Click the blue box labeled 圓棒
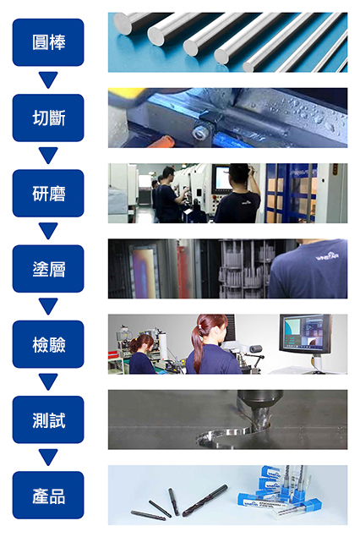click(48, 42)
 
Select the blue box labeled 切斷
click(48, 118)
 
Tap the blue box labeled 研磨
click(48, 193)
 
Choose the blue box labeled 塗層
click(48, 269)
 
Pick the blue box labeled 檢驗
click(48, 344)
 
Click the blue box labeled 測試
click(48, 419)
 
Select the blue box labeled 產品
click(48, 496)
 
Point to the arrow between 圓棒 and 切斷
click(48, 79)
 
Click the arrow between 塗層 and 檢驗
click(48, 306)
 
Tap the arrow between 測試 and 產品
click(48, 458)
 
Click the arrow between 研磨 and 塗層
click(48, 231)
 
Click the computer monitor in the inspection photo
click(305, 334)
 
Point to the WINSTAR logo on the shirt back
click(327, 256)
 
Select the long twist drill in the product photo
click(205, 500)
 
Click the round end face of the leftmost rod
click(123, 24)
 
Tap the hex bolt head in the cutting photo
click(199, 133)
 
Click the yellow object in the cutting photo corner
click(126, 94)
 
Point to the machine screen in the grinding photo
click(221, 179)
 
